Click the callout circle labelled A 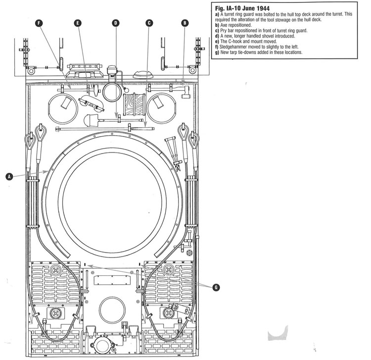[x=8, y=176]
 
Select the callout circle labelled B [x=185, y=22]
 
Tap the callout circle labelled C [x=149, y=22]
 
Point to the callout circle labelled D [x=116, y=22]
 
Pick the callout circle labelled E [x=78, y=22]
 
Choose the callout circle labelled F [x=39, y=22]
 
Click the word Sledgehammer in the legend [x=236, y=47]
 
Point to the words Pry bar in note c [x=229, y=31]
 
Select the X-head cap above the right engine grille [x=169, y=270]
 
